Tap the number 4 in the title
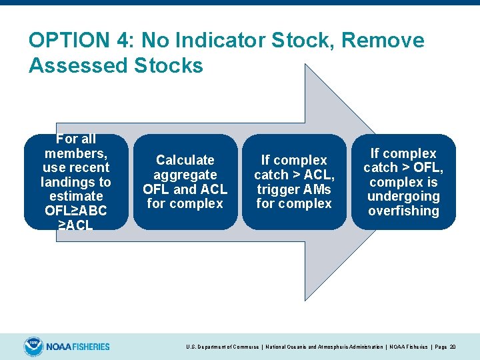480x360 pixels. point(125,41)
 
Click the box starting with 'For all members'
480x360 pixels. point(76,182)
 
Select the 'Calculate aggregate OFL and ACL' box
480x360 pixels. point(185,182)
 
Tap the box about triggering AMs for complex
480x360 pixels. point(294,182)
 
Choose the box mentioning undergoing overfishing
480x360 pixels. point(403,182)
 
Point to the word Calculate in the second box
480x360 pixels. point(185,160)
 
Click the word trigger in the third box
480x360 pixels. point(276,189)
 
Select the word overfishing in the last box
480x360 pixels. point(403,211)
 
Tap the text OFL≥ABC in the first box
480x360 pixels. point(76,211)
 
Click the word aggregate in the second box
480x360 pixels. point(185,175)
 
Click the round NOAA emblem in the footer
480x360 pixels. point(33,347)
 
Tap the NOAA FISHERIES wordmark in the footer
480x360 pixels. point(79,347)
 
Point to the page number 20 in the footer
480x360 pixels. point(453,347)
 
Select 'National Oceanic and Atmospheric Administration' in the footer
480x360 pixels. point(323,347)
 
